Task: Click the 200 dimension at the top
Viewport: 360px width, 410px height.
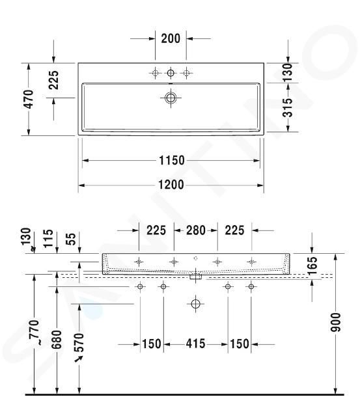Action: click(171, 38)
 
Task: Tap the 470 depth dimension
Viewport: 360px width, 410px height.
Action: click(29, 99)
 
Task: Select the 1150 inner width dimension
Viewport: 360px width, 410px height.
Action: click(172, 160)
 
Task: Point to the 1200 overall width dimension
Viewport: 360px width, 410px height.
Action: click(171, 185)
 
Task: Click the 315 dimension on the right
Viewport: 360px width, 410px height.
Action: click(288, 107)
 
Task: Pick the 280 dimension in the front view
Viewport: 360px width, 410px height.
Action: click(196, 230)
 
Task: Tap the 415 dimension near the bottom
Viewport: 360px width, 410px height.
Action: click(196, 344)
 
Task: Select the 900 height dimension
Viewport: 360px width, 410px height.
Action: click(335, 322)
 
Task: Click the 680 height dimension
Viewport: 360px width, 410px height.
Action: click(57, 340)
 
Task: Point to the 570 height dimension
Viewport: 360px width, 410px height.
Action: click(79, 342)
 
